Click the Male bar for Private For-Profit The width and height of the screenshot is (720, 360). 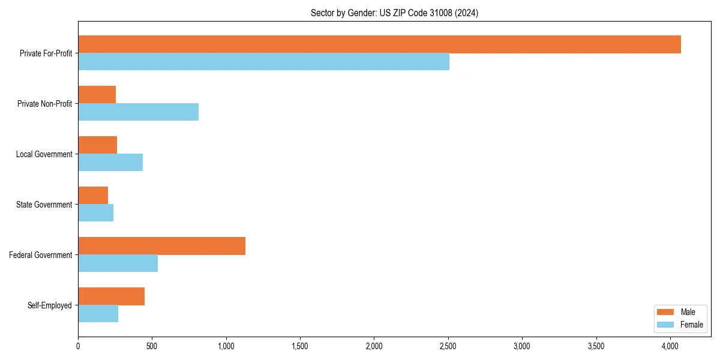tap(379, 44)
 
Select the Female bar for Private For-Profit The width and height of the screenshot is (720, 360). tap(263, 62)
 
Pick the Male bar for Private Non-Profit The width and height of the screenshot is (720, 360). tap(97, 95)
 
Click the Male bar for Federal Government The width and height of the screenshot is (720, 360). tap(161, 246)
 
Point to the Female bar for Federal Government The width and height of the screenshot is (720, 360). tap(118, 263)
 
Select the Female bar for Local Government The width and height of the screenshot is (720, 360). tap(110, 163)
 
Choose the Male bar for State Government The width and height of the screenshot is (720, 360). tap(93, 196)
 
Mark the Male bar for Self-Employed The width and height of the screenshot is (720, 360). tap(111, 296)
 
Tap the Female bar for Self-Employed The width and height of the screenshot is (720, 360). tap(98, 314)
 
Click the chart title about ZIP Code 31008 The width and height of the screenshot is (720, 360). tap(394, 13)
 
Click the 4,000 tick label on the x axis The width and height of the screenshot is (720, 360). tap(670, 346)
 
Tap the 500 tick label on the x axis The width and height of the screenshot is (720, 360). tap(152, 346)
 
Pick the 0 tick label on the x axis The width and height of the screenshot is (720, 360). tap(78, 346)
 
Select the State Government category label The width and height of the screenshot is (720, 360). tap(44, 205)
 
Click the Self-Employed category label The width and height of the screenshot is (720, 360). tap(49, 305)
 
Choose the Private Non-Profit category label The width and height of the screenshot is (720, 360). tap(44, 104)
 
